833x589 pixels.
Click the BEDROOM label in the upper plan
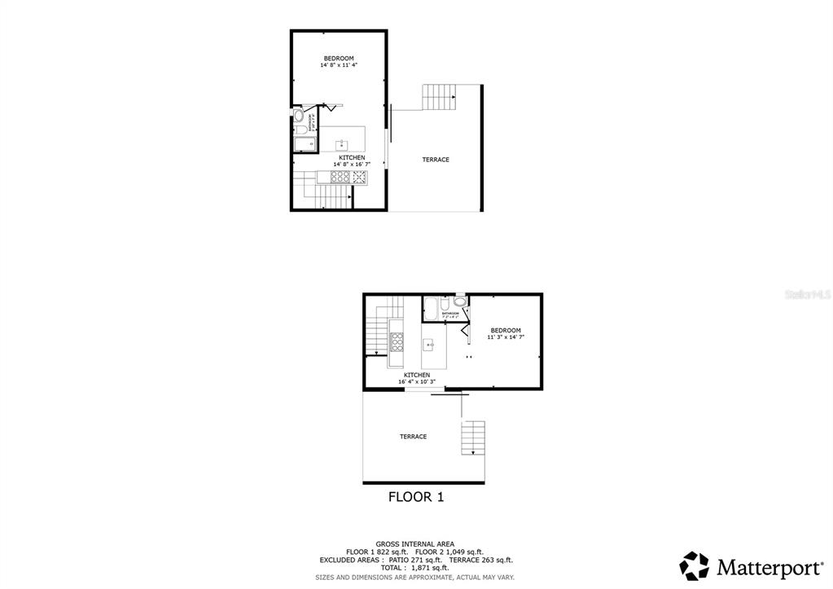click(338, 58)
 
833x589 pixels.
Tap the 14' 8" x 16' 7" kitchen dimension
click(352, 165)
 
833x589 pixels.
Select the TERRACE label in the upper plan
click(436, 160)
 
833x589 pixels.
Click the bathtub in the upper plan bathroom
click(305, 145)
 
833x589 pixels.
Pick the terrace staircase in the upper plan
click(439, 97)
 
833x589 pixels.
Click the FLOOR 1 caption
click(415, 496)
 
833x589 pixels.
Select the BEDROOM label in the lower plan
click(505, 330)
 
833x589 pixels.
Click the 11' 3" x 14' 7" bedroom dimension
click(506, 336)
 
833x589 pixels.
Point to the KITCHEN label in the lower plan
click(417, 375)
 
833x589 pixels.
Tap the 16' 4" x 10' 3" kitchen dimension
click(417, 381)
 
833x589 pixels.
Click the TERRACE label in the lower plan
click(413, 437)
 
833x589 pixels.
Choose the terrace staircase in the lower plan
click(473, 438)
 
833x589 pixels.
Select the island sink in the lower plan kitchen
click(429, 345)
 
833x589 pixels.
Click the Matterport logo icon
click(695, 565)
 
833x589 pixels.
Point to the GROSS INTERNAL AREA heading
click(414, 543)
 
